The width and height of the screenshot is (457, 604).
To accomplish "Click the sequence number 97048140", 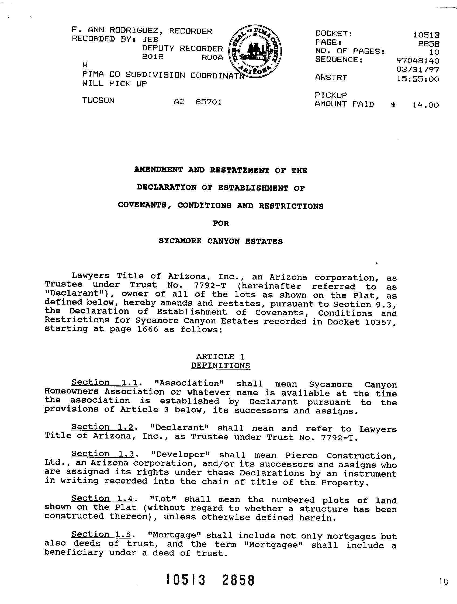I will pos(418,60).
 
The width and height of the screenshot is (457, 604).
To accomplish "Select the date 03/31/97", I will pos(418,70).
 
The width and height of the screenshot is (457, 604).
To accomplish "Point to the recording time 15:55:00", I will pos(418,79).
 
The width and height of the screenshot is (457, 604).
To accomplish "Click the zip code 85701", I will pos(209,102).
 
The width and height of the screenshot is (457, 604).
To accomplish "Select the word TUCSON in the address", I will pos(98,101).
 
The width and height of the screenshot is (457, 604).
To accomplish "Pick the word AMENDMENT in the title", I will pos(158,170).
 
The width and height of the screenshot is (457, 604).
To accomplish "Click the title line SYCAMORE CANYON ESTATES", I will pos(221,241).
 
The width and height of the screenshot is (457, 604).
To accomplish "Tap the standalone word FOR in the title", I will pos(221,223).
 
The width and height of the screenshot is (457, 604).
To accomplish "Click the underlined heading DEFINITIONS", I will pos(220,366).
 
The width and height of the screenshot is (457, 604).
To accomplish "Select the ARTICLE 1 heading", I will pos(220,357).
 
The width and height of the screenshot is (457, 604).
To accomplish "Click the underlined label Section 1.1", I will pos(104,383).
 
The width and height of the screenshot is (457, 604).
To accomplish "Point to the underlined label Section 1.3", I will pos(103,454).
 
